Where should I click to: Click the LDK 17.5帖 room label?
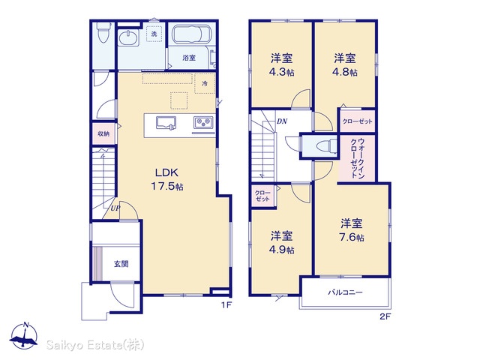(167, 179)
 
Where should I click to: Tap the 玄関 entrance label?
(121, 263)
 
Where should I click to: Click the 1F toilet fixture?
(103, 33)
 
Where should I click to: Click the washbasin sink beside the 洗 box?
(129, 38)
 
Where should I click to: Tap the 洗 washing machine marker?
(154, 34)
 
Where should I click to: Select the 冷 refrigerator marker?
(205, 83)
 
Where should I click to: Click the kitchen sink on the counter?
(166, 122)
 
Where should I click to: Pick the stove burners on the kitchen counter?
(203, 122)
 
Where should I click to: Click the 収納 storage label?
(103, 133)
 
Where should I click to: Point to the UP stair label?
(115, 208)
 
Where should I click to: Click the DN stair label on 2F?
(282, 121)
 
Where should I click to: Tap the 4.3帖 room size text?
(281, 73)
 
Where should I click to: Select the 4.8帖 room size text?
(345, 73)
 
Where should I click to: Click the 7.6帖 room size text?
(352, 237)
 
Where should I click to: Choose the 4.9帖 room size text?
(282, 250)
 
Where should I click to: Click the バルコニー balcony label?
(345, 292)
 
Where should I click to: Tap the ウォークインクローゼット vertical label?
(357, 157)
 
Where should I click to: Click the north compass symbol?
(25, 336)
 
